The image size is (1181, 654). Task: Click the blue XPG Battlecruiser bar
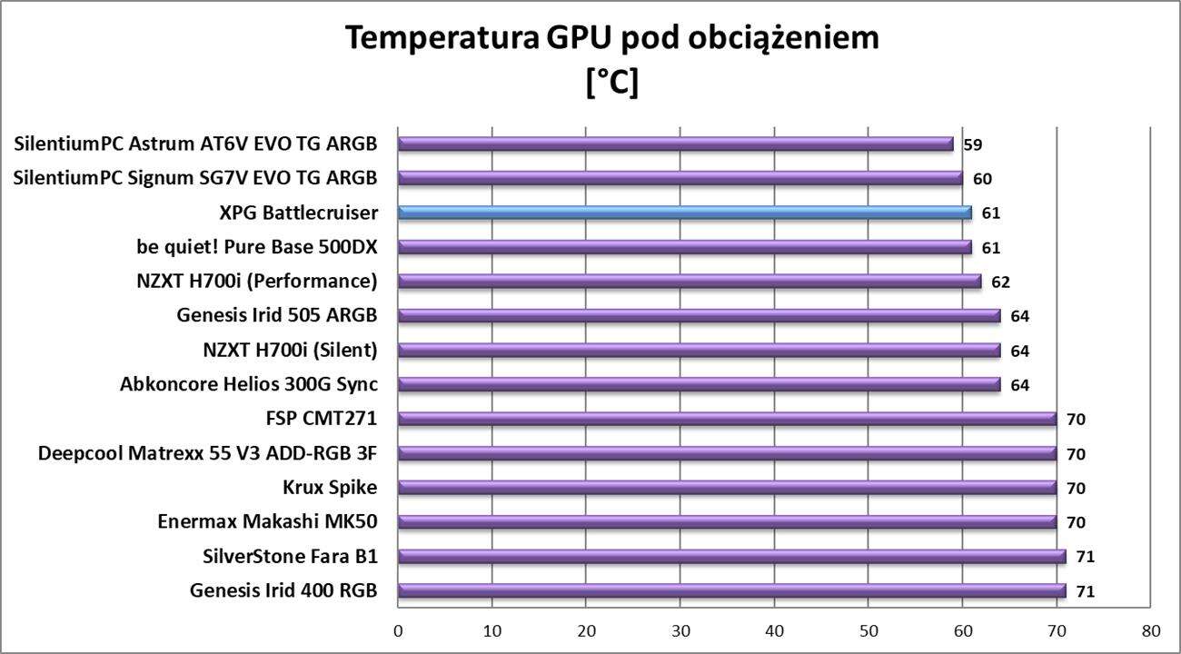[x=684, y=213]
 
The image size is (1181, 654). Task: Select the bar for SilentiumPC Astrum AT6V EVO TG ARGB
[x=675, y=144]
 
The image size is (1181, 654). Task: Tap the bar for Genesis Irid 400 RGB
[x=731, y=591]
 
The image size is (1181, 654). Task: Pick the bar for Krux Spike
[x=727, y=488]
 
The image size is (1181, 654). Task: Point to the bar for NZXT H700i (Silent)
[x=699, y=350]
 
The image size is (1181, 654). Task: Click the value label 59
[x=973, y=144]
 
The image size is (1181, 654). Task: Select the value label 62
[x=1001, y=282]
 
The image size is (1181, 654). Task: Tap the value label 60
[x=982, y=179]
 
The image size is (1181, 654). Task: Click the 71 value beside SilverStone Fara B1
[x=1086, y=557]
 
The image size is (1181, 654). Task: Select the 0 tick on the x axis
[x=398, y=630]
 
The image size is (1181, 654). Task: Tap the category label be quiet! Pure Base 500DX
[x=255, y=247]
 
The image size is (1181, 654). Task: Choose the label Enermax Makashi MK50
[x=267, y=521]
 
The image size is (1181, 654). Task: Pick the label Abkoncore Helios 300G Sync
[x=248, y=384]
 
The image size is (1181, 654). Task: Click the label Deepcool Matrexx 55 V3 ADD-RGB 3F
[x=207, y=453]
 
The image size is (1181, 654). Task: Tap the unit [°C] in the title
[x=612, y=82]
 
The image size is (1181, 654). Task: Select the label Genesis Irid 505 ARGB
[x=277, y=316]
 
